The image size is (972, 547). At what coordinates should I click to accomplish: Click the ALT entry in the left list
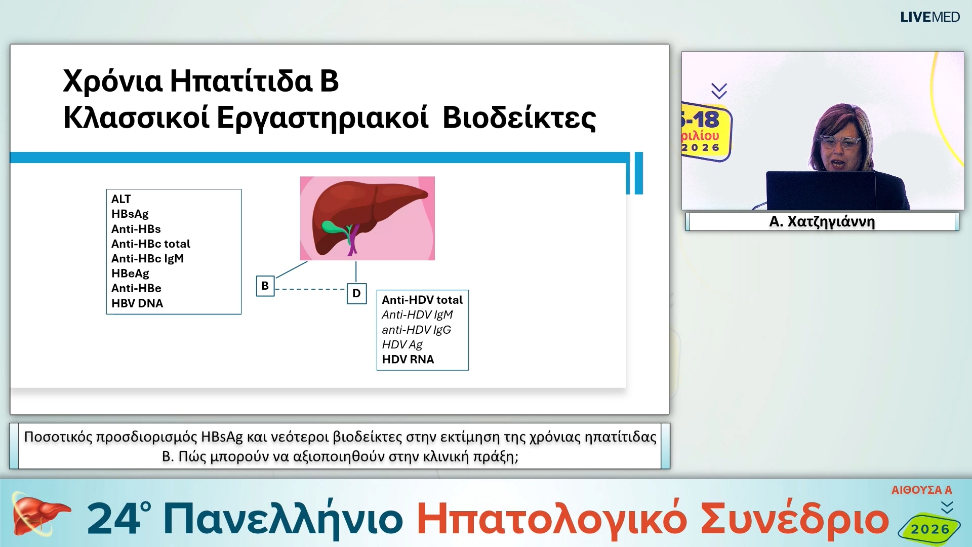coord(121,199)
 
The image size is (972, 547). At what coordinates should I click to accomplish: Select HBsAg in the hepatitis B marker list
coord(130,214)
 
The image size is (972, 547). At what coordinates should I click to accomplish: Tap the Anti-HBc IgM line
coord(147,258)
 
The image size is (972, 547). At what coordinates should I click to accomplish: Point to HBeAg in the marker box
coord(130,273)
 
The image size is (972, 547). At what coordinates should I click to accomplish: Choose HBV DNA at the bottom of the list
coord(137,303)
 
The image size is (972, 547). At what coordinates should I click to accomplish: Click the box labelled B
coord(265,286)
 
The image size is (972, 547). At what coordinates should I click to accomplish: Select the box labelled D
coord(356,293)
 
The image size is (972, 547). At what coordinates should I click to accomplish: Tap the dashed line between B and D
coord(310,289)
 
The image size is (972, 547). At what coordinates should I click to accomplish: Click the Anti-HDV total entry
coord(422,300)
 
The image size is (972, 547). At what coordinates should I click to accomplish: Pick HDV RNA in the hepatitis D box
coord(408,360)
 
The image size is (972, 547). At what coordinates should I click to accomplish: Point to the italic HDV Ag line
coord(402,345)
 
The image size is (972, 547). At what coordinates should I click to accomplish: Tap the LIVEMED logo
coord(929,17)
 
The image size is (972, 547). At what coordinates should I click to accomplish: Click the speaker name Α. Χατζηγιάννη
coord(822,222)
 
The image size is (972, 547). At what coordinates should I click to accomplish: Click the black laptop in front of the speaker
coord(820,190)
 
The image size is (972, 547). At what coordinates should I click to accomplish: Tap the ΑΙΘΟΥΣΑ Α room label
coord(921,490)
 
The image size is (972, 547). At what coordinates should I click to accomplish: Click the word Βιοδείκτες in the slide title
coord(519,118)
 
